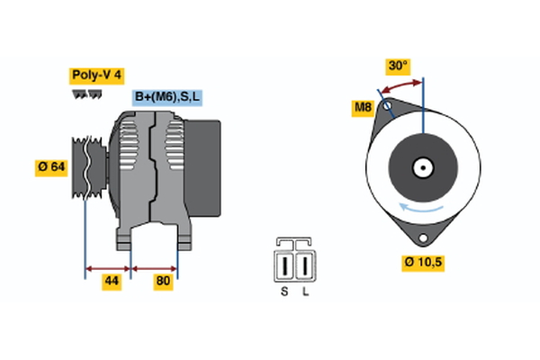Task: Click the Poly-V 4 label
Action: point(97,76)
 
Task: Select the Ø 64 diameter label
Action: point(51,166)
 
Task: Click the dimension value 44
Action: point(111,282)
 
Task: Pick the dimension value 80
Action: point(163,282)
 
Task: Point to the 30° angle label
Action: point(398,66)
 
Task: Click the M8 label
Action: point(363,108)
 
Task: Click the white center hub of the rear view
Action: point(422,167)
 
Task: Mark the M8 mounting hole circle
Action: point(388,106)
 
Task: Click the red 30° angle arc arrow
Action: point(400,84)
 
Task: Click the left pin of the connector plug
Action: point(286,266)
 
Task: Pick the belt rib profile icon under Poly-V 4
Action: point(86,94)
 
